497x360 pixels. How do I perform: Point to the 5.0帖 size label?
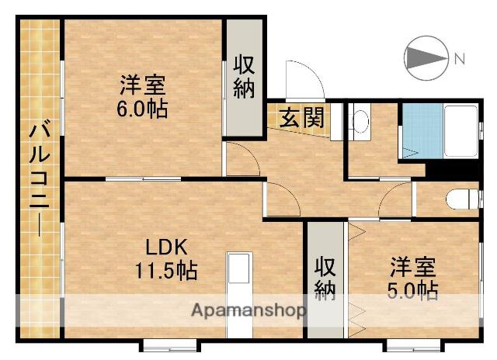[x=413, y=291]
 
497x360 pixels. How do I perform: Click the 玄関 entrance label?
[x=301, y=119]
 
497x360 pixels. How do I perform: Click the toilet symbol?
[x=461, y=199]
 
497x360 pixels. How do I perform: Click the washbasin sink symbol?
[x=360, y=123]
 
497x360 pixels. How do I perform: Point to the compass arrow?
[x=426, y=57]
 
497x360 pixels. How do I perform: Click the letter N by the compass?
[x=459, y=58]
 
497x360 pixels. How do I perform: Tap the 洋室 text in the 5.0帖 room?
[x=413, y=268]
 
